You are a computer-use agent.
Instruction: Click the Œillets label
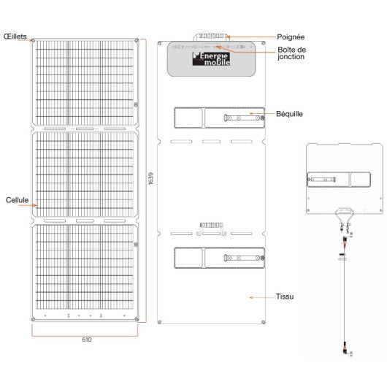(x=15, y=35)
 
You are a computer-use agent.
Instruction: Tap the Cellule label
(x=17, y=199)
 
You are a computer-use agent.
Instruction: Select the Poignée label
(x=291, y=36)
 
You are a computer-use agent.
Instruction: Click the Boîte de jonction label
(x=292, y=53)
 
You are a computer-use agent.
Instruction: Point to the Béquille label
(x=289, y=114)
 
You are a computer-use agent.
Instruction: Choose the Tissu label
(x=285, y=297)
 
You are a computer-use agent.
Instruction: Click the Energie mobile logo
(x=211, y=58)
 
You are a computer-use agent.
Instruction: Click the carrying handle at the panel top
(x=212, y=34)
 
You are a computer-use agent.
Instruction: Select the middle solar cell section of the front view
(x=85, y=175)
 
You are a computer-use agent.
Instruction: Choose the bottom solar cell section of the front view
(x=85, y=266)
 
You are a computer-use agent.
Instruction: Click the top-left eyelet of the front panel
(x=34, y=40)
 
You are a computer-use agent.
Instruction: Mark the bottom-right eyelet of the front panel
(x=137, y=319)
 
